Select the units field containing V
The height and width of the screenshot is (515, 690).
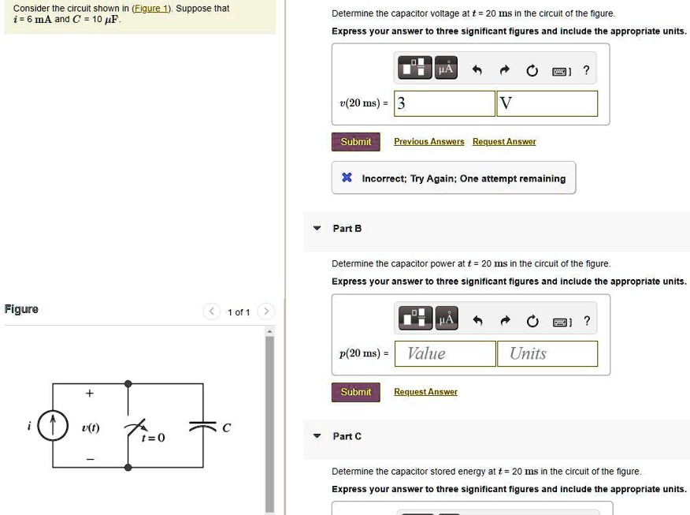tap(547, 103)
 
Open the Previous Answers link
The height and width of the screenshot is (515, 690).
tap(428, 142)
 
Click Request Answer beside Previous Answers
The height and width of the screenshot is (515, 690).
tap(504, 142)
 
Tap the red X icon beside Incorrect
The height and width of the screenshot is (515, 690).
tap(347, 178)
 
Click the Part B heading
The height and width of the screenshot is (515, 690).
tap(347, 229)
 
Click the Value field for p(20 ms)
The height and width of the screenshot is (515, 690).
tap(445, 353)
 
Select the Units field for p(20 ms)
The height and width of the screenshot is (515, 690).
tap(547, 353)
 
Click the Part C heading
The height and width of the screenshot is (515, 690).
tap(347, 436)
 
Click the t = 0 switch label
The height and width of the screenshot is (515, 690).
tap(153, 438)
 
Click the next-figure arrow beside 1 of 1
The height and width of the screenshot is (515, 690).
tap(266, 312)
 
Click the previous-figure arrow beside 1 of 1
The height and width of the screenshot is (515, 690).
tap(212, 312)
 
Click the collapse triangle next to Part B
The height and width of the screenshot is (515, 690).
tap(317, 229)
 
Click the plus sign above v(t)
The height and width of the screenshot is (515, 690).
tap(89, 393)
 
